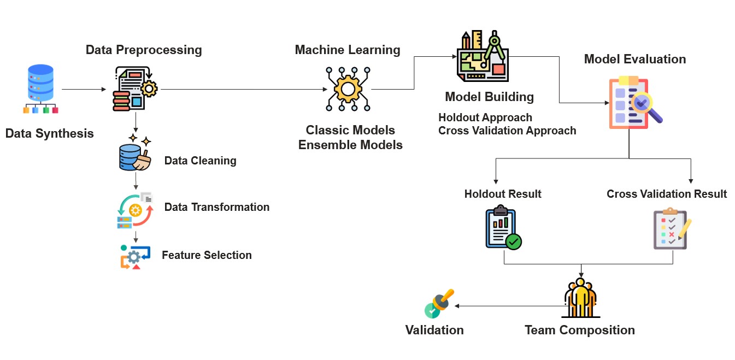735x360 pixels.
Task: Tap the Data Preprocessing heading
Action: [144, 50]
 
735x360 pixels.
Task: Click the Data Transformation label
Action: [217, 207]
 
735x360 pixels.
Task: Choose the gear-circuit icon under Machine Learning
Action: [348, 89]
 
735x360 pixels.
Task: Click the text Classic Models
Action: [350, 130]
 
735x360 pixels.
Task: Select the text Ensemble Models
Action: [350, 145]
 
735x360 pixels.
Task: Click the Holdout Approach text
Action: [485, 117]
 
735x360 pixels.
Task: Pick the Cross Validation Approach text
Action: [507, 131]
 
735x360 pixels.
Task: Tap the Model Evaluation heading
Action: [635, 59]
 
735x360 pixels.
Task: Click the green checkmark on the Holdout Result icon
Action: [513, 241]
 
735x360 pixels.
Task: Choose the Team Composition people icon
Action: [580, 298]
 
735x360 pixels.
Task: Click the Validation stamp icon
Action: [438, 304]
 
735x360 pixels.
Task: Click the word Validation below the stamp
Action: [434, 330]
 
